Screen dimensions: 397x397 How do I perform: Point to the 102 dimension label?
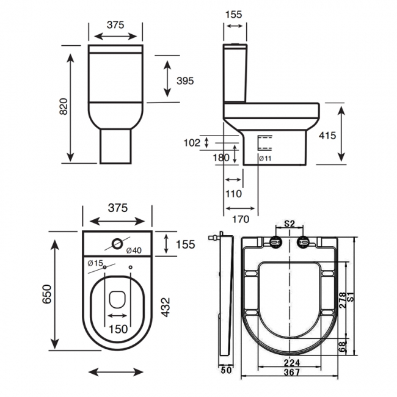coord(191,143)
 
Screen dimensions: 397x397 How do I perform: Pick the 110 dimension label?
coord(233,194)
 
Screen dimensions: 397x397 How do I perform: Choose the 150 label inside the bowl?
coord(118,329)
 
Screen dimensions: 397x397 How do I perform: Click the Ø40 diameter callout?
coord(134,250)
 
